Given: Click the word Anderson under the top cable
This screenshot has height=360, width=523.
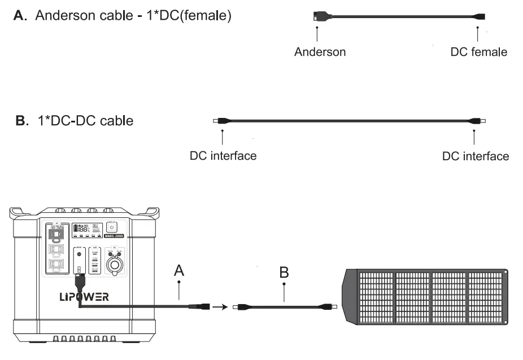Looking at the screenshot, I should [320, 52].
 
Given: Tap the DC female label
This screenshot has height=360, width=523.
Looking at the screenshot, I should [478, 52].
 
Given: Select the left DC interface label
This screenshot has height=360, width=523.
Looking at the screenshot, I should [223, 155].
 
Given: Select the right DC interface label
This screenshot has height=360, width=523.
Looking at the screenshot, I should [476, 155].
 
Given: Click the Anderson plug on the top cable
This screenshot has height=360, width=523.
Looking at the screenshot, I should [317, 18].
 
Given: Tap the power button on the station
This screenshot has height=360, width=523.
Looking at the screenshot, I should [111, 227].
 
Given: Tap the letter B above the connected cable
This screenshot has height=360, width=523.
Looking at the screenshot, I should [284, 273].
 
